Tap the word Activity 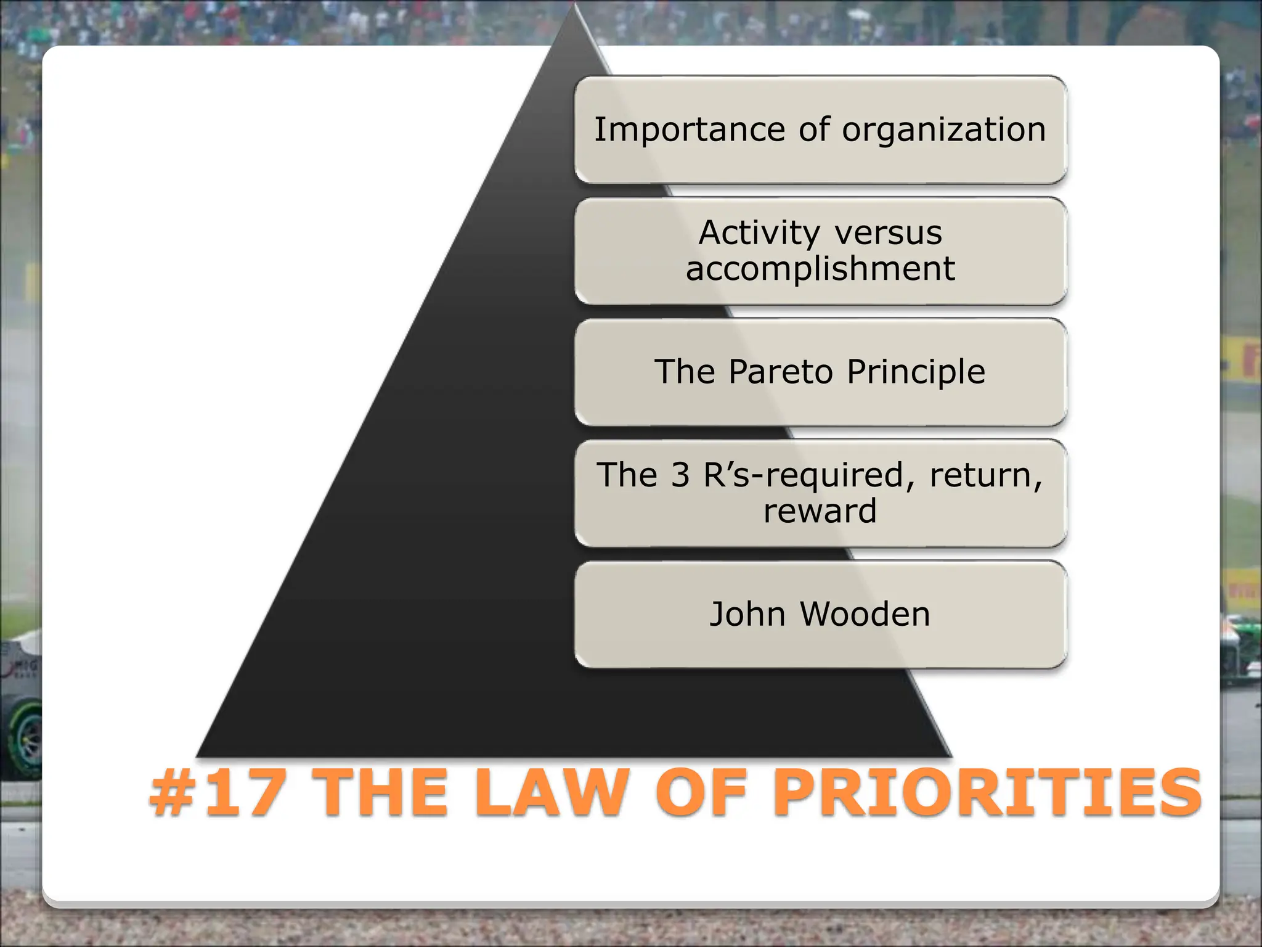pos(759,233)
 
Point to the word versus pos(888,233)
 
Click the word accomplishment pos(820,269)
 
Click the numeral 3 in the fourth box pos(680,475)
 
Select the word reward pos(820,511)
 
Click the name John pos(747,614)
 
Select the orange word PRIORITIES pos(987,793)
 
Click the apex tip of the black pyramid pos(575,6)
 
